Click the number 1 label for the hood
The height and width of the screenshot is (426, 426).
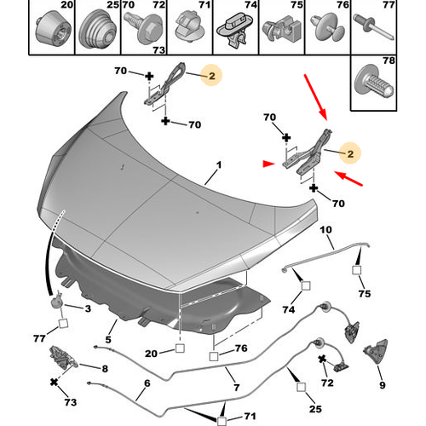tap(219, 165)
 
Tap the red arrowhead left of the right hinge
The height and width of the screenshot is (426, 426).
tap(268, 164)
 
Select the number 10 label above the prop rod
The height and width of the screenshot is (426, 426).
tap(325, 229)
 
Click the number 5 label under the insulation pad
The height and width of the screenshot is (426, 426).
tap(108, 339)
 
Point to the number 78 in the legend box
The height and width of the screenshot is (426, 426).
tap(389, 60)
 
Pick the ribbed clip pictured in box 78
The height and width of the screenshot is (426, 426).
tap(374, 82)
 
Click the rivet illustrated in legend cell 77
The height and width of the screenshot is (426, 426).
tap(374, 27)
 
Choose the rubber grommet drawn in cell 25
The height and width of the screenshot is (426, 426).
tap(98, 29)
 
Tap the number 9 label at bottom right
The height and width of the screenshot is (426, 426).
tap(383, 385)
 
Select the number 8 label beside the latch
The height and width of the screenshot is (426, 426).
tap(105, 369)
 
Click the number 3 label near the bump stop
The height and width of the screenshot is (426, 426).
tap(88, 308)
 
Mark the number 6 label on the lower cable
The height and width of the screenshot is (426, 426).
tap(147, 383)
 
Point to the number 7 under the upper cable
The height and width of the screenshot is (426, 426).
tap(237, 387)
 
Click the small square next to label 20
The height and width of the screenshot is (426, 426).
tap(180, 348)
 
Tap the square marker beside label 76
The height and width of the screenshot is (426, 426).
tap(214, 356)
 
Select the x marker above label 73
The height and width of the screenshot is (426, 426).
tap(54, 383)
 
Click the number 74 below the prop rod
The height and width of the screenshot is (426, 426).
tap(289, 309)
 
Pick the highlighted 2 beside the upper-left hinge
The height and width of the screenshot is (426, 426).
tap(212, 76)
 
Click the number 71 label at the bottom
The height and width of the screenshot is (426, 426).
tap(250, 416)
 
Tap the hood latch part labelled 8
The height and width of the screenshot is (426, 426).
tap(63, 358)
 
